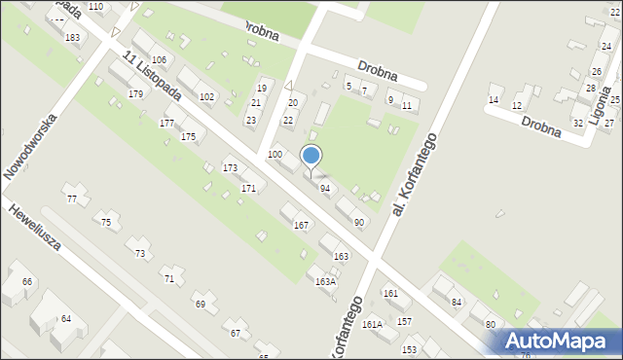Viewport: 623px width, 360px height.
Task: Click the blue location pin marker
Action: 311,157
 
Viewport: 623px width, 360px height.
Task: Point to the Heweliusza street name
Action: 36,227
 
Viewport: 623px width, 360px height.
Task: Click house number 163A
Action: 325,281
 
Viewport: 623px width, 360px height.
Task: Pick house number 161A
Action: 372,324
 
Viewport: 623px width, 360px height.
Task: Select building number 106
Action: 159,60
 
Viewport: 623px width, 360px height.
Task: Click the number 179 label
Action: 135,94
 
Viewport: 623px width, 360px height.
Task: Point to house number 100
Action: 275,155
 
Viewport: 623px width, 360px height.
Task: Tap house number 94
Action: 325,188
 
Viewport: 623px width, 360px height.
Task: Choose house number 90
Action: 359,223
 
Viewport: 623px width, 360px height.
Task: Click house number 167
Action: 302,226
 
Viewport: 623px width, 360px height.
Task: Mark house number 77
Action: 71,198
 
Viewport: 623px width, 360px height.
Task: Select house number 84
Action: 456,302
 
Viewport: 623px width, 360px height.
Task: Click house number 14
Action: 494,100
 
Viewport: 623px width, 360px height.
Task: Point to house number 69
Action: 201,305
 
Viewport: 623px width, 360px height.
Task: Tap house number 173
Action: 230,168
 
